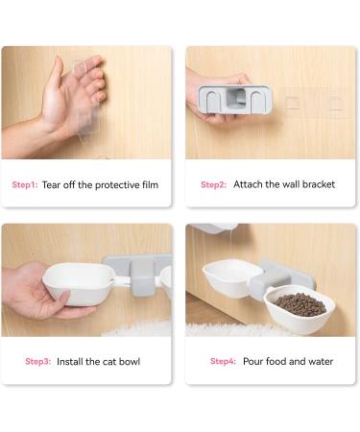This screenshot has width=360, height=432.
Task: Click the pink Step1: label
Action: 25,184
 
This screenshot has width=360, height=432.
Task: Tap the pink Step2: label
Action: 213,184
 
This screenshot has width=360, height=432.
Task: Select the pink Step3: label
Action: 37,361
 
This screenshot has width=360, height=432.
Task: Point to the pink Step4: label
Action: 223,361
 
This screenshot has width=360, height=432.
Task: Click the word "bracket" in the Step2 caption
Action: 316,184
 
